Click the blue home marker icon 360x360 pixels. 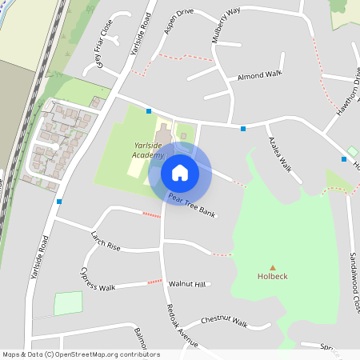[180, 172]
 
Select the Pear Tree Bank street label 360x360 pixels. [192, 206]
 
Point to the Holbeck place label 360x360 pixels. [272, 277]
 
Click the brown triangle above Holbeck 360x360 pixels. [272, 267]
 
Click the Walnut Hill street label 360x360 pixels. [187, 284]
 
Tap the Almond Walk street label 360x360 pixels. [260, 75]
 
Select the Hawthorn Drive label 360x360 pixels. [350, 96]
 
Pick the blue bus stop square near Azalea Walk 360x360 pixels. [243, 128]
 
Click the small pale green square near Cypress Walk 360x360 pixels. [68, 304]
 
